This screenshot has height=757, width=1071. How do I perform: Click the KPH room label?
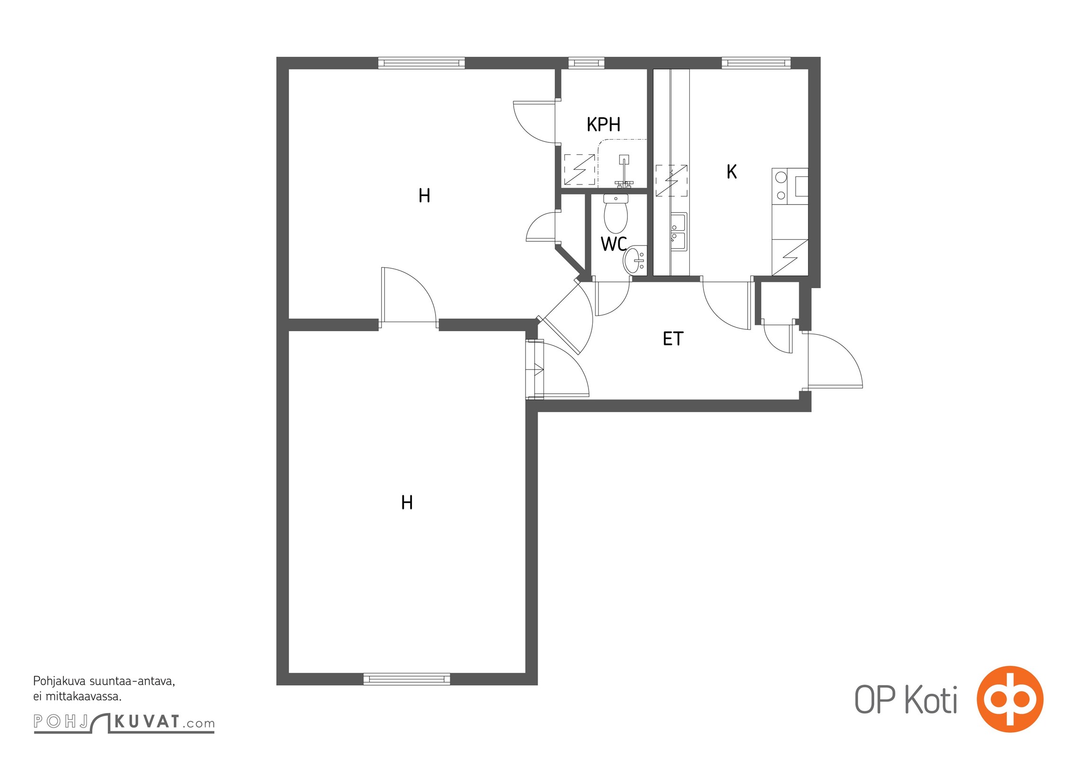(603, 124)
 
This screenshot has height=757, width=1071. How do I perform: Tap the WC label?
(614, 244)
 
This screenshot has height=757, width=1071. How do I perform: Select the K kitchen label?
(732, 172)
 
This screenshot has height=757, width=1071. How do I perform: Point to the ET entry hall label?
(673, 339)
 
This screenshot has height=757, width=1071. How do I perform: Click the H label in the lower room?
(407, 502)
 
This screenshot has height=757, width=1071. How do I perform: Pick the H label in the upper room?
(424, 195)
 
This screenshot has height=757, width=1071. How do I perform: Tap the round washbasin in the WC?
(634, 261)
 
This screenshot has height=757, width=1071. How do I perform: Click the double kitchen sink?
(678, 232)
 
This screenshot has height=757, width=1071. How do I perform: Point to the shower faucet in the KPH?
(624, 170)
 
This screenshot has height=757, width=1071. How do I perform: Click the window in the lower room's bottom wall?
(407, 679)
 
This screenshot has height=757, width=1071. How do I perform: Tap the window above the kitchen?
(756, 63)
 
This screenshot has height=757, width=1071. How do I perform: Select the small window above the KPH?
(586, 63)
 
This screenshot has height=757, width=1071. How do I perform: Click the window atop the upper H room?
(421, 63)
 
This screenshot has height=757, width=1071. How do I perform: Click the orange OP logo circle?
(1010, 699)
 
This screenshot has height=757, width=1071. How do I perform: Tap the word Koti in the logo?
(931, 700)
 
